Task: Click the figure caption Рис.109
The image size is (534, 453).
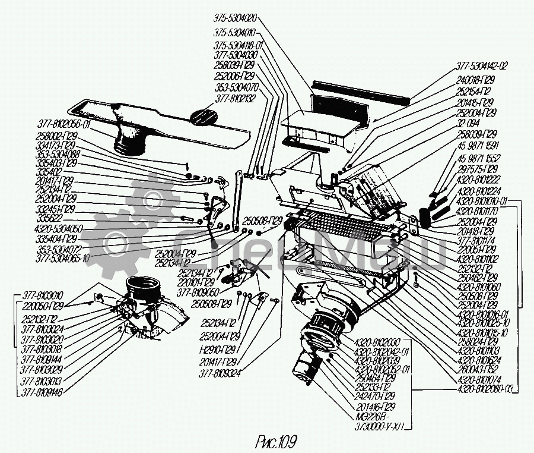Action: click(275, 442)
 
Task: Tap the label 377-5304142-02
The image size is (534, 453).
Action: click(482, 66)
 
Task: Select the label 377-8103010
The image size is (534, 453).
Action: click(43, 295)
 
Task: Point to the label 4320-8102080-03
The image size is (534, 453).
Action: click(484, 389)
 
